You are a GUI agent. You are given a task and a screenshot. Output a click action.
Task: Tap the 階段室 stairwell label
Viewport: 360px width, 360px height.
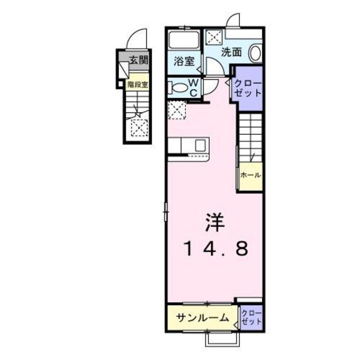(137, 84)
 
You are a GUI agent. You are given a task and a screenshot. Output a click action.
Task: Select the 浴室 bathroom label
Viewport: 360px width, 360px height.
(184, 61)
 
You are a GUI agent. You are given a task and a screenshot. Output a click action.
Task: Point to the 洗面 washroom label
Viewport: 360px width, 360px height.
(231, 52)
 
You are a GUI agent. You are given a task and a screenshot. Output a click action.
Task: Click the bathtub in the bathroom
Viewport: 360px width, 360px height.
(184, 41)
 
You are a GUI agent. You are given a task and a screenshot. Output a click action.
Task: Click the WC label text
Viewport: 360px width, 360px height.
(191, 87)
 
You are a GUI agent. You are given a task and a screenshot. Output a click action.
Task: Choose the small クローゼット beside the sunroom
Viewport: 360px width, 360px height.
(251, 317)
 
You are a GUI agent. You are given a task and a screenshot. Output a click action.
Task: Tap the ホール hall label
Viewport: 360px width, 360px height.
(250, 175)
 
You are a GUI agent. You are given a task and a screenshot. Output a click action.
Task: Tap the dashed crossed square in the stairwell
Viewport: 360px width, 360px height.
(139, 127)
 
